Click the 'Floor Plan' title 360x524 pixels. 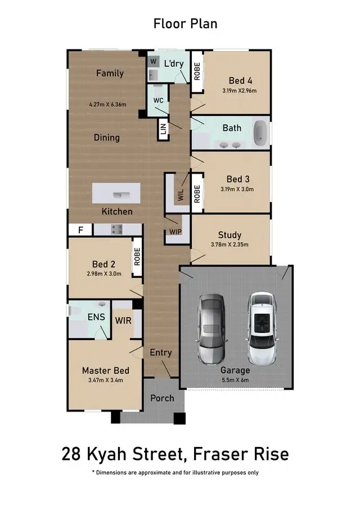(x=185, y=24)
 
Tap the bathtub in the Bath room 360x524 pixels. (x=260, y=133)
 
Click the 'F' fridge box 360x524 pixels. (x=80, y=229)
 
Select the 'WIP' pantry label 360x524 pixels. (x=175, y=232)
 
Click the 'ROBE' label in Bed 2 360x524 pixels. (x=137, y=257)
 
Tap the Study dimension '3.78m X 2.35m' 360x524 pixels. (x=229, y=245)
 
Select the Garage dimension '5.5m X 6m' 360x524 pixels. (x=235, y=380)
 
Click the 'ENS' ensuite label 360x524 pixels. (x=96, y=317)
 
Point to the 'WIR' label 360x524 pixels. (x=124, y=320)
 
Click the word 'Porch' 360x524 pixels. (x=162, y=398)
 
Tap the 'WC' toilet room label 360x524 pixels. (x=159, y=100)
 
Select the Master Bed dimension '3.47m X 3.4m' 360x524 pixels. (x=105, y=380)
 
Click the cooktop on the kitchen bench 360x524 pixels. (x=118, y=229)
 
